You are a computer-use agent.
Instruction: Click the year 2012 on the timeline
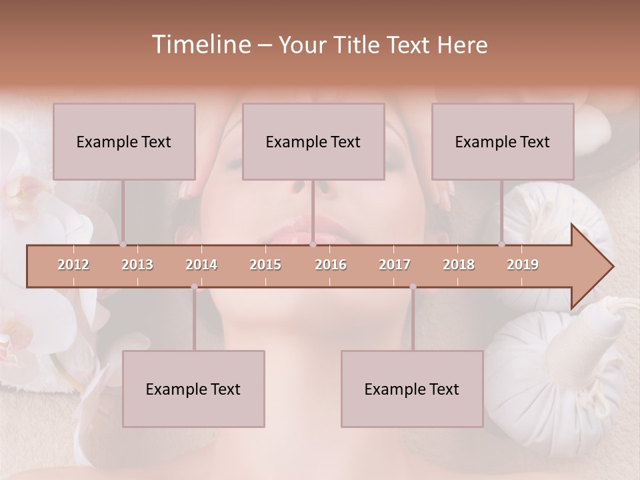pos(73,265)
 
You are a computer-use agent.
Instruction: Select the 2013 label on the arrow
pos(137,265)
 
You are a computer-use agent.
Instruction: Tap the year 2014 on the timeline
pos(201,265)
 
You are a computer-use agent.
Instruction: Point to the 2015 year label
pos(265,265)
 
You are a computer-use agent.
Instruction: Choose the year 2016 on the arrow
pos(331,265)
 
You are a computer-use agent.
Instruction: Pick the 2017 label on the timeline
pos(395,265)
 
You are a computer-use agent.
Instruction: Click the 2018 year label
pos(459,265)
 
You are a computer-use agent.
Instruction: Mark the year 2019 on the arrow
pos(523,265)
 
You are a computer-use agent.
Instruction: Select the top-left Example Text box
pos(124,141)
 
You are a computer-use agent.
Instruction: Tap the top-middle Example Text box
pos(313,141)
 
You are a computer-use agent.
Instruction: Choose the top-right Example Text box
pos(503,141)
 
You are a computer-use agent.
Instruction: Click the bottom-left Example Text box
pos(193,389)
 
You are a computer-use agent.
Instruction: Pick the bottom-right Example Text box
pos(412,389)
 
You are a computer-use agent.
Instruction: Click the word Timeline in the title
pos(200,45)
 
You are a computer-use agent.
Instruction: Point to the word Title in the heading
pos(358,45)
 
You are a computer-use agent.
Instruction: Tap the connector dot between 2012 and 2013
pos(123,244)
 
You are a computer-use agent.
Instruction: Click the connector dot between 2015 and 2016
pos(313,244)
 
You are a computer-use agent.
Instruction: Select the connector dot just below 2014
pos(194,287)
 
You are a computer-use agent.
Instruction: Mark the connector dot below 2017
pos(413,287)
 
